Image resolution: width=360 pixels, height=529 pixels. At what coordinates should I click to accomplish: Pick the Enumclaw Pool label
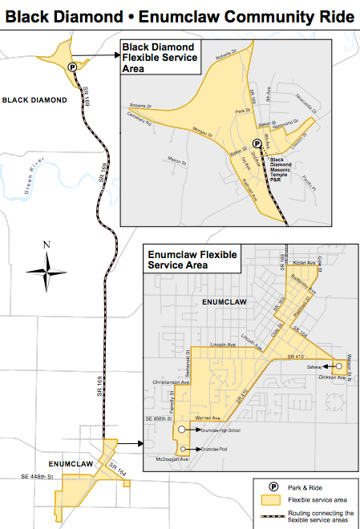(205, 449)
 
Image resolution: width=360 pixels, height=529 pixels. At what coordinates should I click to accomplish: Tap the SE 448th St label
(36, 477)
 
